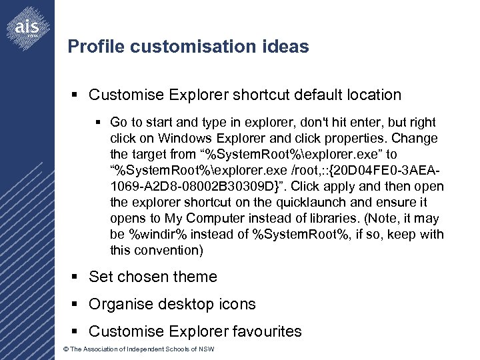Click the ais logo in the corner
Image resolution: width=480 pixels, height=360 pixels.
27,27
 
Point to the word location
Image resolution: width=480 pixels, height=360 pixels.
372,95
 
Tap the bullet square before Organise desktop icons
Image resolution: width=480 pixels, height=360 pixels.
78,304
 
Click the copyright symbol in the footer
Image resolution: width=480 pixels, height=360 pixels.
64,350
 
